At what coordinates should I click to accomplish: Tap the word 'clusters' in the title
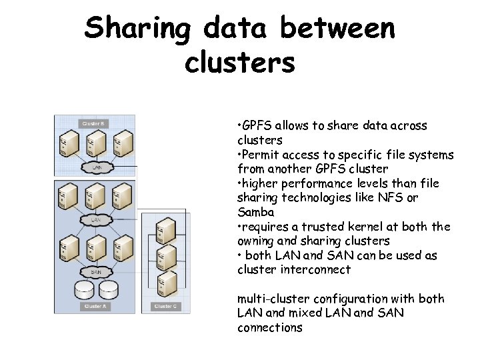tap(239, 63)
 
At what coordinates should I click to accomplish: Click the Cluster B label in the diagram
tap(92, 123)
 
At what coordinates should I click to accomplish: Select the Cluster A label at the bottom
tap(93, 306)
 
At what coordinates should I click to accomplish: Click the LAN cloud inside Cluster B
tap(96, 167)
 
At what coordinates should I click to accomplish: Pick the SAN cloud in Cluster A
tap(96, 271)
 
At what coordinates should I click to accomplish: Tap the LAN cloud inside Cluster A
tap(96, 219)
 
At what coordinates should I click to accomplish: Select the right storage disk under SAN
tap(109, 290)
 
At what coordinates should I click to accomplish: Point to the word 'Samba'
tap(255, 212)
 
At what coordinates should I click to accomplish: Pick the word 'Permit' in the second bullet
tap(259, 155)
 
